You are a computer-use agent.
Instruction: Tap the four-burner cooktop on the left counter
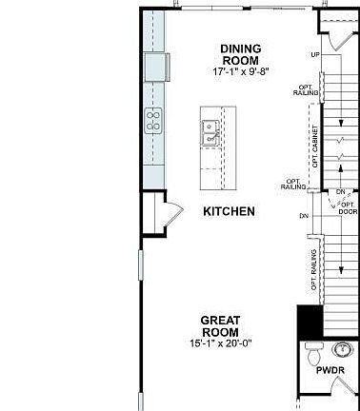(x=153, y=120)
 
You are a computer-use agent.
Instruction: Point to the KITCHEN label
(x=230, y=211)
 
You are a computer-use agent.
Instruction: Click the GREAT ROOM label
(x=221, y=326)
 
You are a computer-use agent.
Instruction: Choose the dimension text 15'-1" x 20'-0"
(x=221, y=343)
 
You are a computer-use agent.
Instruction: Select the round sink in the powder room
(x=344, y=347)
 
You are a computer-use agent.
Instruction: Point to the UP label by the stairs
(x=315, y=54)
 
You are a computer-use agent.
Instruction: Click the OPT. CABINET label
(x=314, y=139)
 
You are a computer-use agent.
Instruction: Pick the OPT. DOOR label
(x=348, y=207)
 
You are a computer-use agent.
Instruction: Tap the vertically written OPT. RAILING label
(x=314, y=270)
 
